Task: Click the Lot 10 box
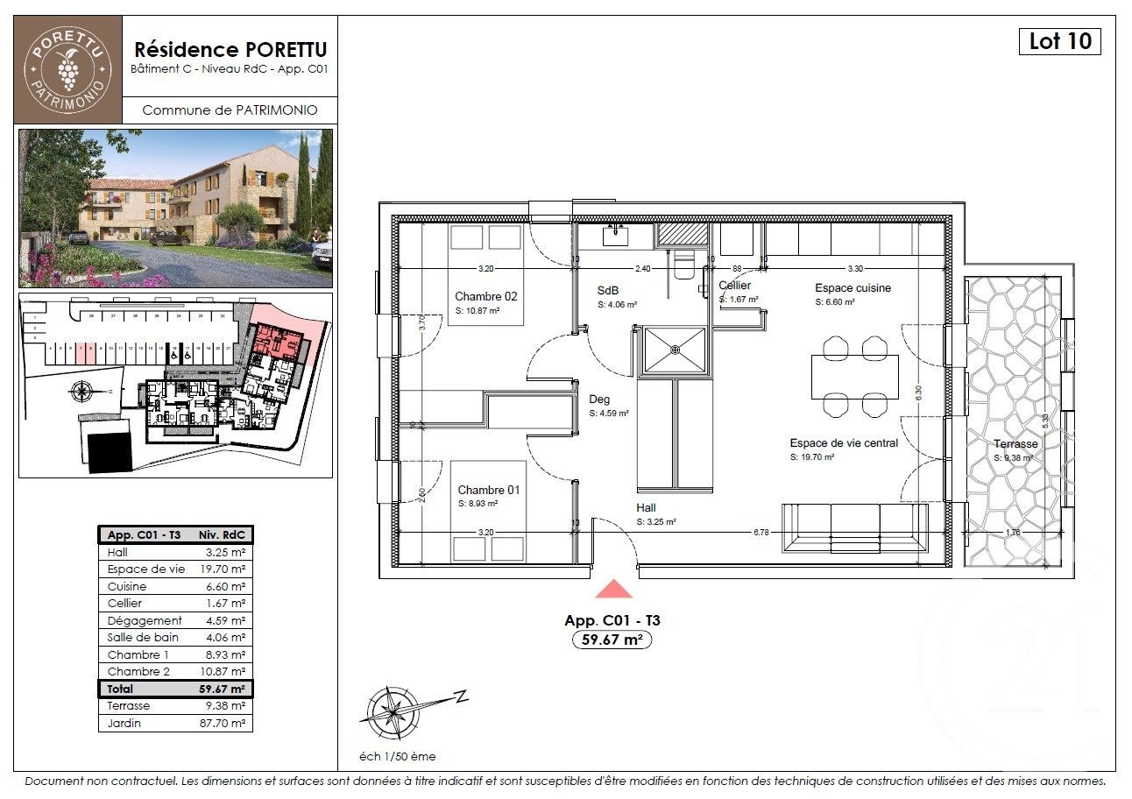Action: coord(1059,41)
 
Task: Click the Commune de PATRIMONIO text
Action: coord(230,110)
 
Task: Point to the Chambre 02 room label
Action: coord(486,296)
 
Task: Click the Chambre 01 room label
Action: coord(488,490)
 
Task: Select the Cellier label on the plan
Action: coord(734,286)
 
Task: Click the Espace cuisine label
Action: coord(853,287)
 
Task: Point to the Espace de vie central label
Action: coord(844,443)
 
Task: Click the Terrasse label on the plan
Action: coord(1015,444)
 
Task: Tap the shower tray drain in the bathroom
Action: coord(675,350)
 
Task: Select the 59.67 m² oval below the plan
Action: coord(612,640)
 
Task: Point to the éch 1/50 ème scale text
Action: coord(398,756)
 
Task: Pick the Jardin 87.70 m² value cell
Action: coord(224,723)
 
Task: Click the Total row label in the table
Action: coord(120,689)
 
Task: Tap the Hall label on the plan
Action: coord(647,507)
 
